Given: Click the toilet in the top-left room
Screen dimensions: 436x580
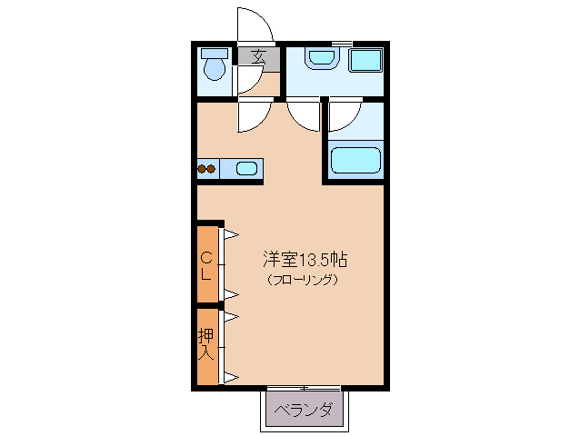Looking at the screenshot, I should click(215, 68).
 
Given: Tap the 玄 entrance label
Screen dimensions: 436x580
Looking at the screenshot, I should click(258, 56).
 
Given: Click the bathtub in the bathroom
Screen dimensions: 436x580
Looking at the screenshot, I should click(355, 161).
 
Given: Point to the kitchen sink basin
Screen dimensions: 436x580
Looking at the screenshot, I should click(246, 167).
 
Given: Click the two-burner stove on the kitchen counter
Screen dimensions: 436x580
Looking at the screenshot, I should click(206, 167).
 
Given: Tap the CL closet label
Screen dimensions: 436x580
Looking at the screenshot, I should click(206, 264).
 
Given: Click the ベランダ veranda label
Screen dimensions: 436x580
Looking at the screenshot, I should click(304, 410).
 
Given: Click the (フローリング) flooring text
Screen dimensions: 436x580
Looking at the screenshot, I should click(304, 280).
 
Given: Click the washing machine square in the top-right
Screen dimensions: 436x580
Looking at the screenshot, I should click(366, 61).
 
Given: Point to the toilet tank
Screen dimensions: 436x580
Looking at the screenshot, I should click(215, 52).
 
